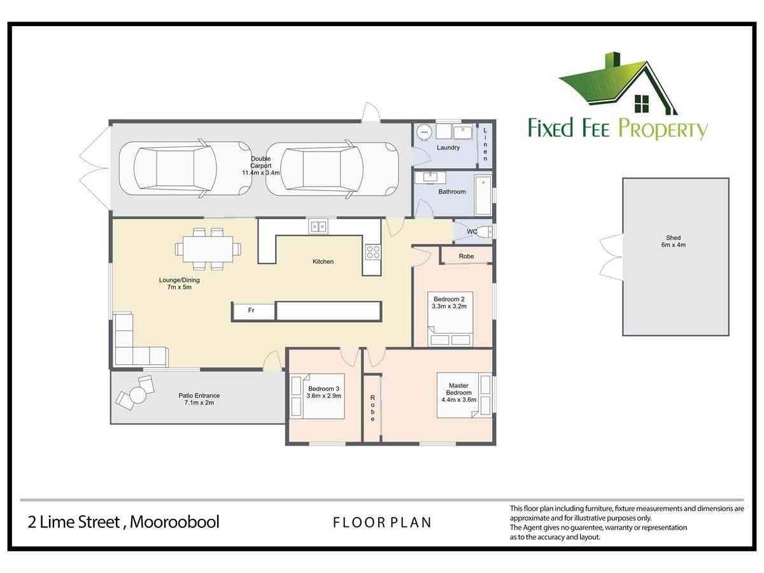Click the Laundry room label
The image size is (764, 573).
(448, 148)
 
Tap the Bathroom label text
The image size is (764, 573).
(452, 192)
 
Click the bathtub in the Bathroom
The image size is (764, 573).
(483, 195)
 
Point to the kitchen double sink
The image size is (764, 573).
(318, 227)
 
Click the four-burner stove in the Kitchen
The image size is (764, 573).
(373, 252)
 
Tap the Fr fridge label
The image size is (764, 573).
(251, 310)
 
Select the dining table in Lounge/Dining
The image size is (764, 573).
(208, 249)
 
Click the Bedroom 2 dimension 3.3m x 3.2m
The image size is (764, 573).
(449, 306)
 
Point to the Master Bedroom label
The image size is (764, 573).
(459, 389)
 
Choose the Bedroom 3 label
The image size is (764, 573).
(323, 388)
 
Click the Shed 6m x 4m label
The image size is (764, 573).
(674, 241)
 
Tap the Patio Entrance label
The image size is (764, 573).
(199, 395)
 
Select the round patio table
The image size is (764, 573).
(138, 395)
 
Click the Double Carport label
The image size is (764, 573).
(260, 162)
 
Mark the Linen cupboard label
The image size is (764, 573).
(485, 145)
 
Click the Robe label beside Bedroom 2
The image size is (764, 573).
(467, 257)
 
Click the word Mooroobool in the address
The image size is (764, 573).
(174, 522)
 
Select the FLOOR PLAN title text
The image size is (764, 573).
(383, 522)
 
